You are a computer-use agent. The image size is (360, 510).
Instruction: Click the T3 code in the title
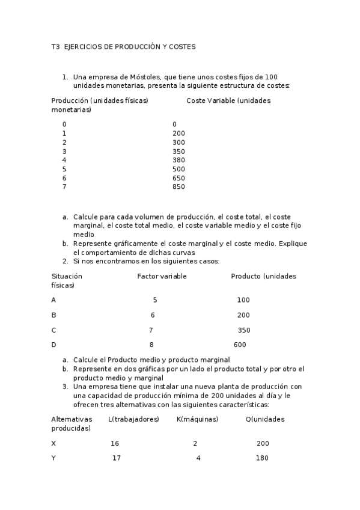(55, 46)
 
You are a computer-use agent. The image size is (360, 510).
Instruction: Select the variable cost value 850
(178, 187)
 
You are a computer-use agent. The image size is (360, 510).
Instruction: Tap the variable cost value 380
(178, 160)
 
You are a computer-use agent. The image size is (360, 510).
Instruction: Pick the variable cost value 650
(178, 178)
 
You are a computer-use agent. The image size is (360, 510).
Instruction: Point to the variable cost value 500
(178, 169)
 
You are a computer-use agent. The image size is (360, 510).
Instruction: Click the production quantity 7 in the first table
(64, 187)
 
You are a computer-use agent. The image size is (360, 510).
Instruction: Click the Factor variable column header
(162, 276)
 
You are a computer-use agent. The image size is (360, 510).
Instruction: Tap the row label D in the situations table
(54, 345)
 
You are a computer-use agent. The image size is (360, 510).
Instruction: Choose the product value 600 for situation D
(239, 345)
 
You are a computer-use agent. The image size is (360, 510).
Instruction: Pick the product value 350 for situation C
(244, 330)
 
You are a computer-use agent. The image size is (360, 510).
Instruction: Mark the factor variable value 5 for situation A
(155, 300)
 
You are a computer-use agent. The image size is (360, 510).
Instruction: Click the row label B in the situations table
(54, 315)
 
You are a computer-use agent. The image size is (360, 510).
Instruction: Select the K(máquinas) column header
(197, 419)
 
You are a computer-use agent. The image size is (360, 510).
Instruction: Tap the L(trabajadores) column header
(133, 419)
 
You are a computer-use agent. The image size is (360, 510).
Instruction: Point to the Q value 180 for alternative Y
(262, 458)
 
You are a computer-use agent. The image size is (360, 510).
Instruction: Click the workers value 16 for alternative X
(115, 443)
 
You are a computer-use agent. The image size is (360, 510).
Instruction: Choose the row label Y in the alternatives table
(54, 458)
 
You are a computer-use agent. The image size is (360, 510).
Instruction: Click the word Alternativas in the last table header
(72, 419)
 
